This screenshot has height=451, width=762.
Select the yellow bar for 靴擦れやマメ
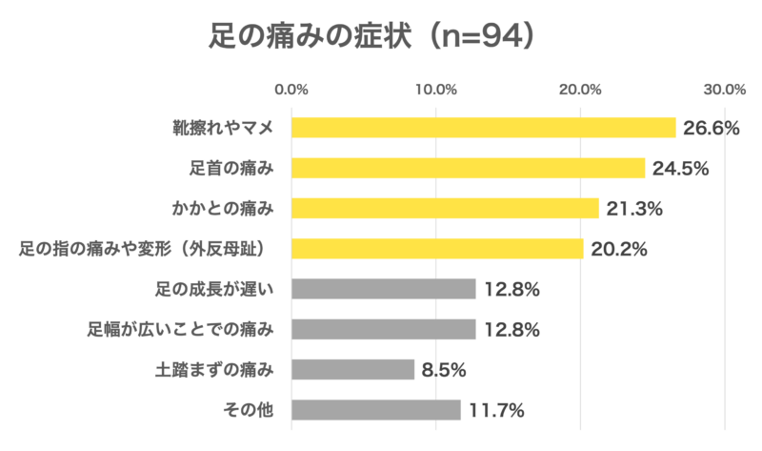tap(483, 128)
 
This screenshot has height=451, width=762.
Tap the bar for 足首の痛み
tap(468, 168)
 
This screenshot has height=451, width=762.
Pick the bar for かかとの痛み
tap(445, 208)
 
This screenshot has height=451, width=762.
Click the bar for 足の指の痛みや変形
tap(437, 249)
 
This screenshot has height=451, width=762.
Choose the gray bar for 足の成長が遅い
tap(383, 289)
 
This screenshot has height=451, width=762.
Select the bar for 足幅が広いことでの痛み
tap(383, 329)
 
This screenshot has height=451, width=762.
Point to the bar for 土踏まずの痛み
tap(352, 369)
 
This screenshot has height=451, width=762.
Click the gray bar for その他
tap(375, 410)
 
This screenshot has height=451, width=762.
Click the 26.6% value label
tap(711, 128)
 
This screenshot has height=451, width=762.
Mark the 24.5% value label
tap(680, 169)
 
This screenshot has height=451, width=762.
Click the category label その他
tap(247, 410)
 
